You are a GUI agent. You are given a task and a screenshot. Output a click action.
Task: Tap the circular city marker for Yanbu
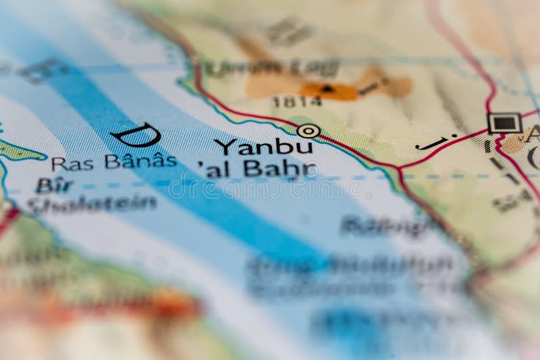pos(308,130)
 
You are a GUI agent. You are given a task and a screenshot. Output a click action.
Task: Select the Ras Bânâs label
pos(113,162)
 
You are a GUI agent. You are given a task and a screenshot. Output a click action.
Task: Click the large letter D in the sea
pos(136,135)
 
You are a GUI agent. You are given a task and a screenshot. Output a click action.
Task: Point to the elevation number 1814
pos(296,102)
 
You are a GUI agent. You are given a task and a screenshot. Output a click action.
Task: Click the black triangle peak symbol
pos(327,88)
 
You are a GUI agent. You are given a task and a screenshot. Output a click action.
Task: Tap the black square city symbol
pos(504,123)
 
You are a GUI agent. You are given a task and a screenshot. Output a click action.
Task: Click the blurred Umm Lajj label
pos(271,68)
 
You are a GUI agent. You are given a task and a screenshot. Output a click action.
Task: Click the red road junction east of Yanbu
pos(399,166)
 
